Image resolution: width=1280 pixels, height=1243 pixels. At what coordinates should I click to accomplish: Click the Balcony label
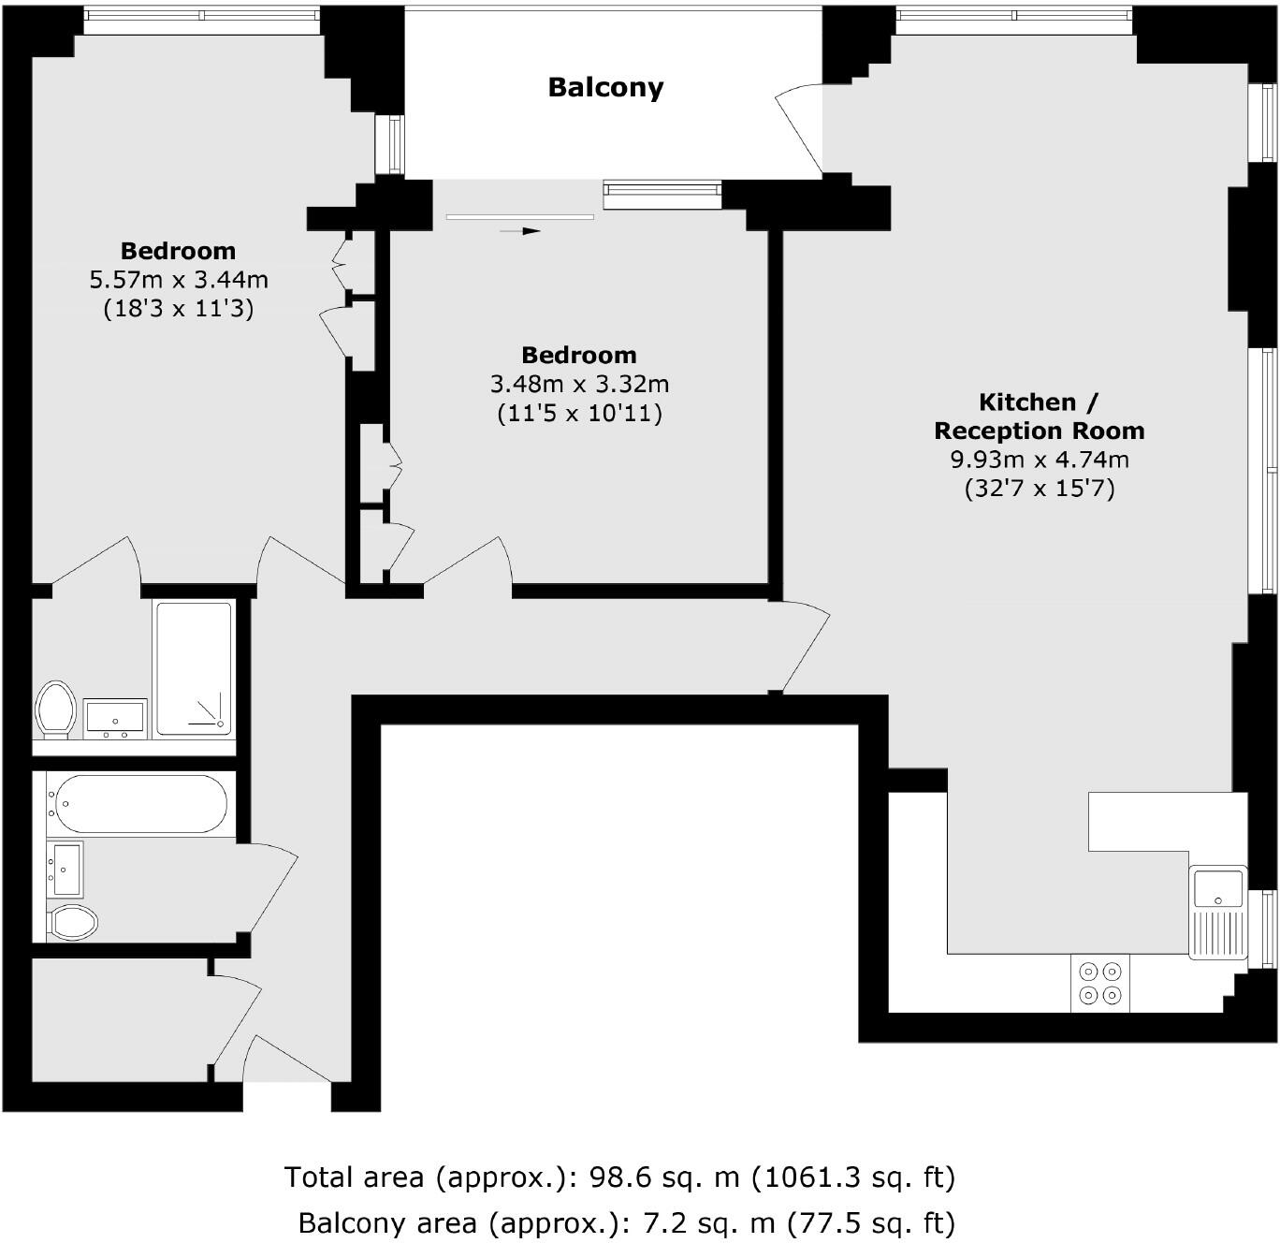[605, 87]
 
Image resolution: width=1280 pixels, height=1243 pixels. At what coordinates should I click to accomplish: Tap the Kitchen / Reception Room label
[1039, 417]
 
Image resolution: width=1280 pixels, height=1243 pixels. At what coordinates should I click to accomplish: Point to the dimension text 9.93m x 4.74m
[1039, 460]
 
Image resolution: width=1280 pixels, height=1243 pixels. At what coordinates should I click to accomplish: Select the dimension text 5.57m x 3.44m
[178, 280]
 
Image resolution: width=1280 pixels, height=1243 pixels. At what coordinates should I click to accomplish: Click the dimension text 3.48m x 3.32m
[579, 384]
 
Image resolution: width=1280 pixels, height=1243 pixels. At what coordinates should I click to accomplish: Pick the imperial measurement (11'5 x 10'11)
[579, 413]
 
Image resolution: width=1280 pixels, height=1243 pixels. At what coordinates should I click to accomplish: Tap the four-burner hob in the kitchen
[1100, 983]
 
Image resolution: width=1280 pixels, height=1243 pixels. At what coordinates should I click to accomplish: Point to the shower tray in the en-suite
[194, 668]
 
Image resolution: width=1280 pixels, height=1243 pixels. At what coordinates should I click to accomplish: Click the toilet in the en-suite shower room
[55, 709]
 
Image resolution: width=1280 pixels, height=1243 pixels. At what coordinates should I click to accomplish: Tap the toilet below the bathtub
[73, 922]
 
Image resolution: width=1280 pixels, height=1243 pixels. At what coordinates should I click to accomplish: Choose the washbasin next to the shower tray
[115, 718]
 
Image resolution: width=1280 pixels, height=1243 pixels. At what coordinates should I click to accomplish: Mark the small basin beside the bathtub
[65, 869]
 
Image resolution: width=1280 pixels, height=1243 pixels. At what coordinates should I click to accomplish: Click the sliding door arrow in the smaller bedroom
[520, 230]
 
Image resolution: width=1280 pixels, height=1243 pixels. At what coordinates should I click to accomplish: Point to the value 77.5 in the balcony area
[821, 1222]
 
